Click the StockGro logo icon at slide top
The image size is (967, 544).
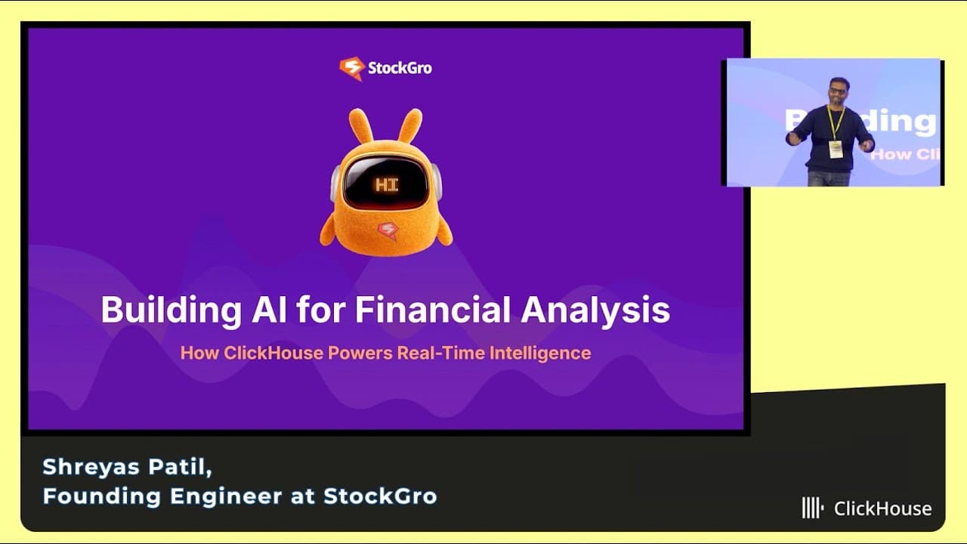click(351, 69)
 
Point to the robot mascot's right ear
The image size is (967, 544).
click(410, 126)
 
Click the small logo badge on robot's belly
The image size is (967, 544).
click(388, 230)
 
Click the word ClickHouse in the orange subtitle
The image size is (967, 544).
click(273, 353)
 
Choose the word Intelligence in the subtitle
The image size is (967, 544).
click(540, 353)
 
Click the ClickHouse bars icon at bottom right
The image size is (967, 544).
click(812, 508)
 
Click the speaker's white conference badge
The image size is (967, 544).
click(835, 148)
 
